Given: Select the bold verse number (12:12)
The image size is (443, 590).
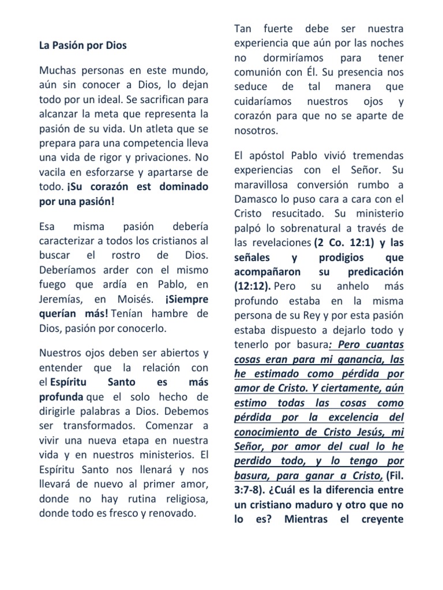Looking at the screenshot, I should pyautogui.click(x=253, y=286).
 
